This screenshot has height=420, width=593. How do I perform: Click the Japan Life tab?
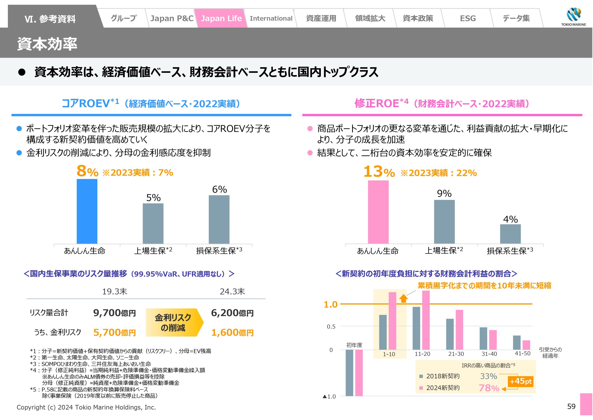point(221,18)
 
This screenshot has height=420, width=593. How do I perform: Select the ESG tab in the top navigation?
point(467,18)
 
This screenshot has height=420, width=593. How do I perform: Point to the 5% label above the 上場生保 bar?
point(153,198)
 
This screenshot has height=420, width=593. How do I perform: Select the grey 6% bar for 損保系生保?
point(219,219)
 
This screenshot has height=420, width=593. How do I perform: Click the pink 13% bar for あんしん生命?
point(378,212)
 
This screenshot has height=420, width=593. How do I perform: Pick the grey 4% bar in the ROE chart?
point(510,234)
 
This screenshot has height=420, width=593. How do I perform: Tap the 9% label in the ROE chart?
point(444,193)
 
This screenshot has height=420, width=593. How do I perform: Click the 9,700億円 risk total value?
point(114,313)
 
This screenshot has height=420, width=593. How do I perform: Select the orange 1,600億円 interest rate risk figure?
point(232,333)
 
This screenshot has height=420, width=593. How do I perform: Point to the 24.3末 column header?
point(232,292)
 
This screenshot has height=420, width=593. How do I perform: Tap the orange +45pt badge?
point(521,381)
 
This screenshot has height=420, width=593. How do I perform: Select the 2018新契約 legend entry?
point(440,376)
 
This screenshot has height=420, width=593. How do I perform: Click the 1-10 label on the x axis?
point(389,354)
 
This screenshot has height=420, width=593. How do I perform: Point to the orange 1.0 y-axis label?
point(331,305)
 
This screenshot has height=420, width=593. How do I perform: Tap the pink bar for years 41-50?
point(526,345)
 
